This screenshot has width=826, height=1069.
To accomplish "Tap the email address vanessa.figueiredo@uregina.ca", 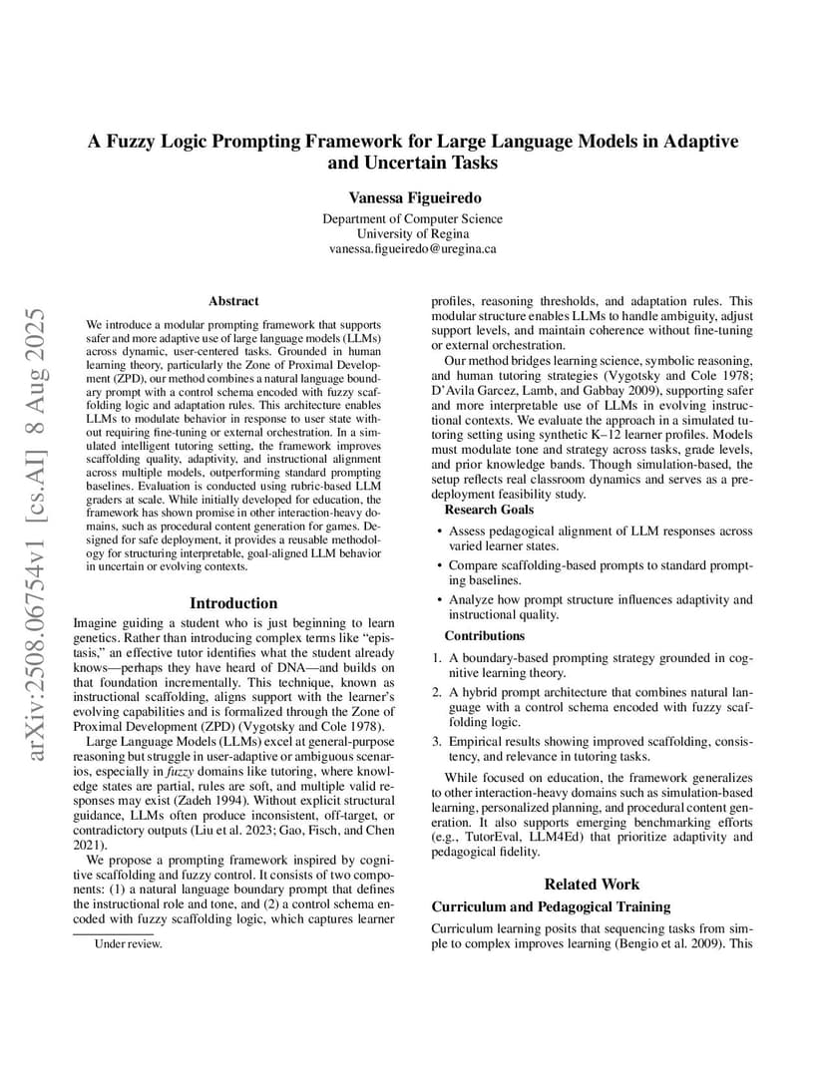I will click(x=412, y=249).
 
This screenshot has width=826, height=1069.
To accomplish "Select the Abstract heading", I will click(x=233, y=300).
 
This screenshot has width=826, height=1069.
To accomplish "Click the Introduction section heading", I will click(x=233, y=603).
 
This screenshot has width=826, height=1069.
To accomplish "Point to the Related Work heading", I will click(x=592, y=884).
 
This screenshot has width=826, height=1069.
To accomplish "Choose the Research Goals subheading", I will click(x=489, y=511).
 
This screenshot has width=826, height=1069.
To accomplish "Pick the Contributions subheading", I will click(x=484, y=636).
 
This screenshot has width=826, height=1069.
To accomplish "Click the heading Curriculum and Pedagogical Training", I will click(x=551, y=906).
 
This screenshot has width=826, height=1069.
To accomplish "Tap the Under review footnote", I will click(x=128, y=942).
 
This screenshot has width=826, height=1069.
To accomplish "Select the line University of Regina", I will click(x=412, y=234).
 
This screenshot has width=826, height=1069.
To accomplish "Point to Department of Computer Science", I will click(x=412, y=219).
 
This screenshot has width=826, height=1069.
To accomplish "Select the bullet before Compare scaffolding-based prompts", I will click(x=440, y=566).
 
